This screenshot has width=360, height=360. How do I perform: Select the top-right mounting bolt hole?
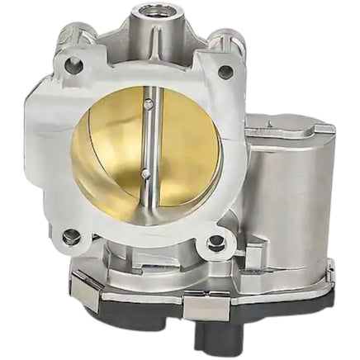pyautogui.click(x=225, y=72)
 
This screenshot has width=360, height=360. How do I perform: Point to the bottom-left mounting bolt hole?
pyautogui.click(x=72, y=237)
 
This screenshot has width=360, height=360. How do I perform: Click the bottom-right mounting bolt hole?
pyautogui.click(x=217, y=243)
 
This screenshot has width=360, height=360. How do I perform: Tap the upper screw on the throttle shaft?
pyautogui.click(x=147, y=104)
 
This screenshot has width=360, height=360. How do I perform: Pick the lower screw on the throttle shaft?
pyautogui.click(x=144, y=173)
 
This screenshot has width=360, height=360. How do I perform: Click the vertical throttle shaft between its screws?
pyautogui.click(x=145, y=139)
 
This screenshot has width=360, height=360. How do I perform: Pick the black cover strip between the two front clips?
pyautogui.click(x=140, y=301)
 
